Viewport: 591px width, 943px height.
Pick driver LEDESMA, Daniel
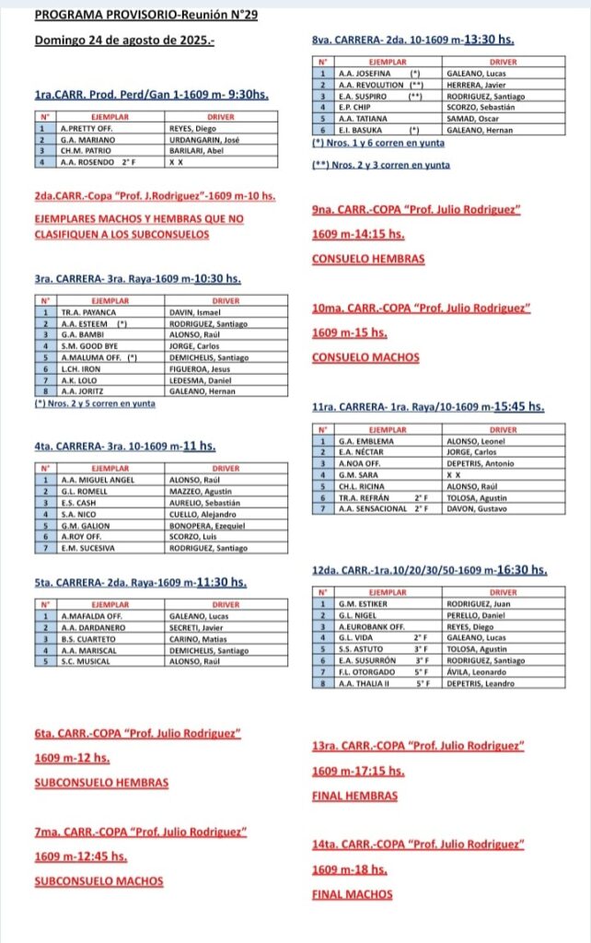point(199,379)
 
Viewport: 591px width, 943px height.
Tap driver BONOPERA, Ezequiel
point(207,525)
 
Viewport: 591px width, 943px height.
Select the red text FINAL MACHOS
point(353,894)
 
